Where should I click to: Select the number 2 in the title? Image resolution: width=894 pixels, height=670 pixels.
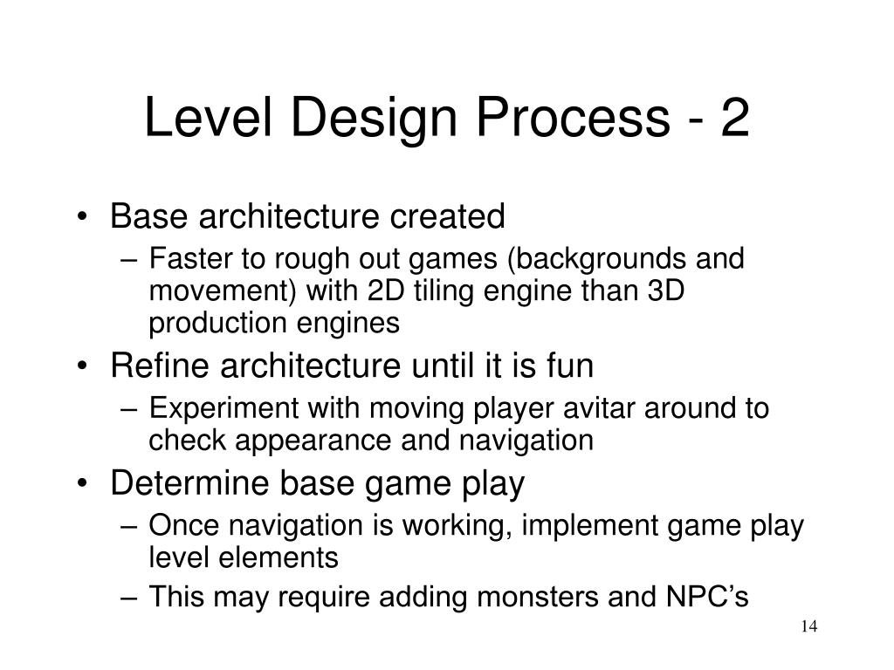click(x=734, y=120)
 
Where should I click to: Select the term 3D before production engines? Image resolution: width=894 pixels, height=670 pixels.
click(x=664, y=291)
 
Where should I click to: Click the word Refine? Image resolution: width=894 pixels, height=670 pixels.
click(x=162, y=366)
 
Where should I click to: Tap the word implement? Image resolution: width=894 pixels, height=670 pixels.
click(x=573, y=525)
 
